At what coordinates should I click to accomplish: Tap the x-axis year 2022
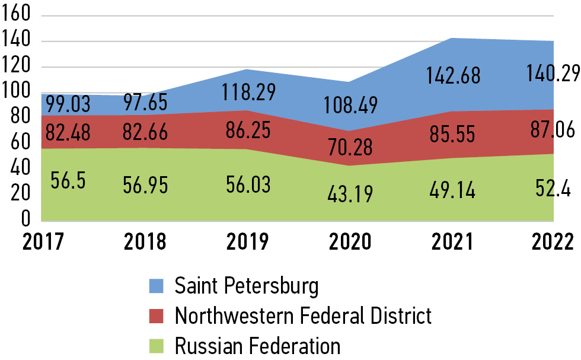[552, 241]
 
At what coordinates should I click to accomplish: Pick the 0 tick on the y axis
[25, 220]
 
